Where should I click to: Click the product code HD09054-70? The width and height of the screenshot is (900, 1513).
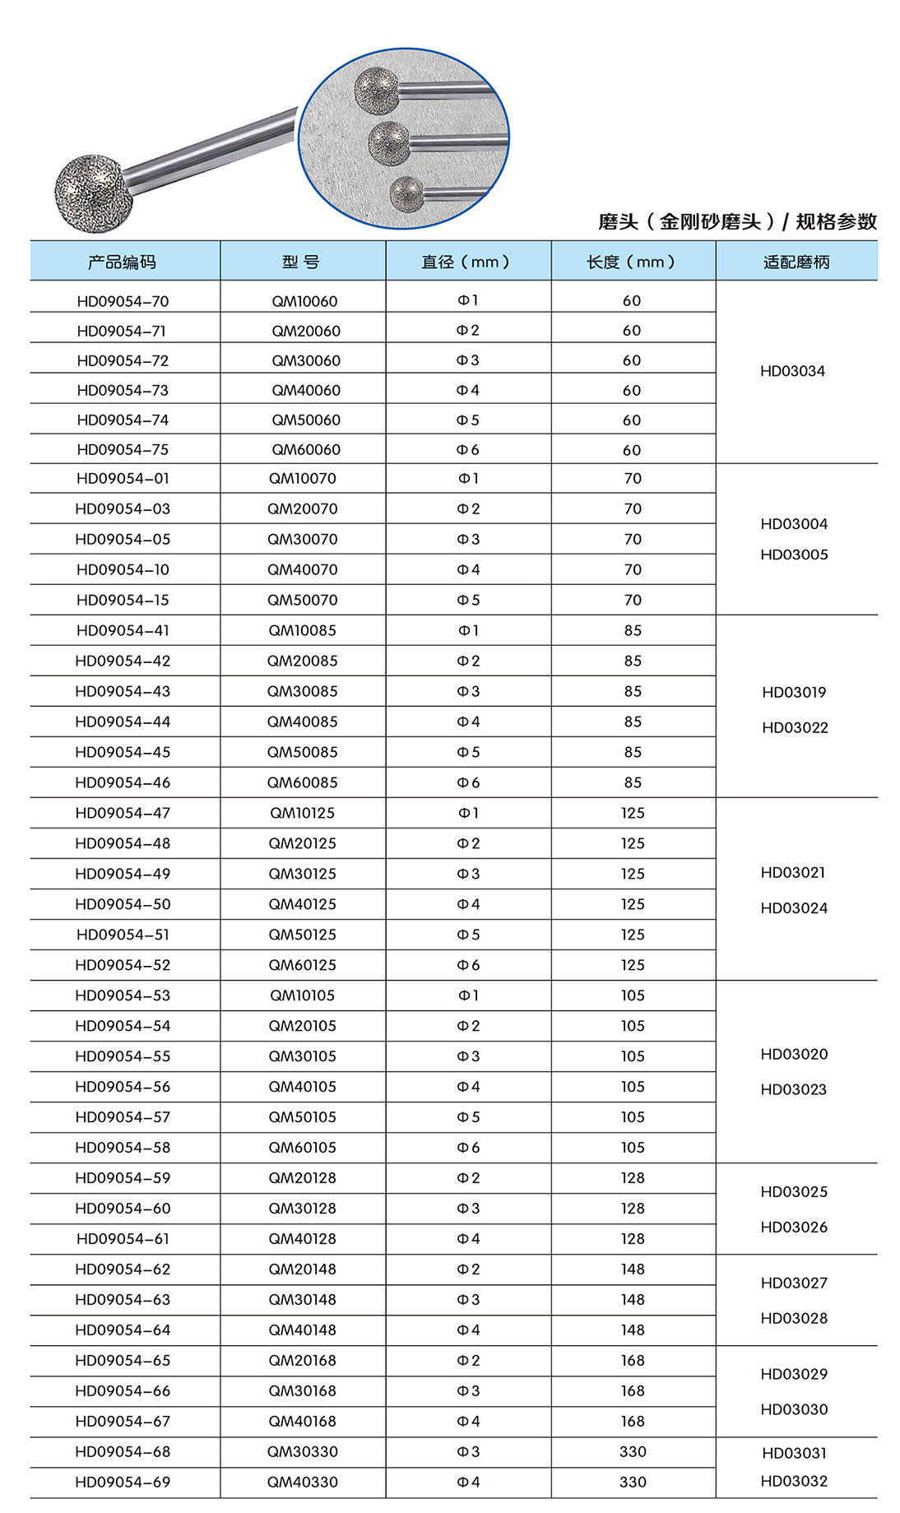pyautogui.click(x=123, y=301)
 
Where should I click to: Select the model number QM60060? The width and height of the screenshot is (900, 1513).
pyautogui.click(x=306, y=450)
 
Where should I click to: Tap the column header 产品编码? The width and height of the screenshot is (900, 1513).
pyautogui.click(x=122, y=262)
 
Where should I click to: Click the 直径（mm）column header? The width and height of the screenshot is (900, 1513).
pyautogui.click(x=467, y=262)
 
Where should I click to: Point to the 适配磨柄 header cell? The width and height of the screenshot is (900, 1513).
pyautogui.click(x=796, y=262)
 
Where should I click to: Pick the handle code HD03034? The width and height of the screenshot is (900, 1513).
pyautogui.click(x=792, y=371)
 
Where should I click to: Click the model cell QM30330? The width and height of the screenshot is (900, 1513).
pyautogui.click(x=303, y=1452)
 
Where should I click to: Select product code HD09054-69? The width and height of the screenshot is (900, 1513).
pyautogui.click(x=123, y=1483)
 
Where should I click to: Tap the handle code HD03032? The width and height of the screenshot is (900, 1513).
pyautogui.click(x=794, y=1481)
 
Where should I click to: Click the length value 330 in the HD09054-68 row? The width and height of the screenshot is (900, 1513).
pyautogui.click(x=633, y=1452)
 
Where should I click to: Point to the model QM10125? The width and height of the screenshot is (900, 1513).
pyautogui.click(x=303, y=813)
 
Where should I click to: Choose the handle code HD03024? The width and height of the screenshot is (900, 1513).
pyautogui.click(x=794, y=908)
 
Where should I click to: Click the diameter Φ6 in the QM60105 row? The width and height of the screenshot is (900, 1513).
pyautogui.click(x=468, y=1148)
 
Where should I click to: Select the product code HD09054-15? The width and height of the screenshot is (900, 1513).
pyautogui.click(x=123, y=600)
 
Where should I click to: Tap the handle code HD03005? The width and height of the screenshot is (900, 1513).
pyautogui.click(x=794, y=555)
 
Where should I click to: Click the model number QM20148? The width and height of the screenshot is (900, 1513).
pyautogui.click(x=303, y=1269)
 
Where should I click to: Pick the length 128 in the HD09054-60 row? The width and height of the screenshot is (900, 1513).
pyautogui.click(x=633, y=1209)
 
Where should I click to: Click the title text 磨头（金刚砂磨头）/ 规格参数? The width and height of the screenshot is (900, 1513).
pyautogui.click(x=737, y=222)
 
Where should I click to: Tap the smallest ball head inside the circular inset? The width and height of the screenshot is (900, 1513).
pyautogui.click(x=405, y=193)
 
